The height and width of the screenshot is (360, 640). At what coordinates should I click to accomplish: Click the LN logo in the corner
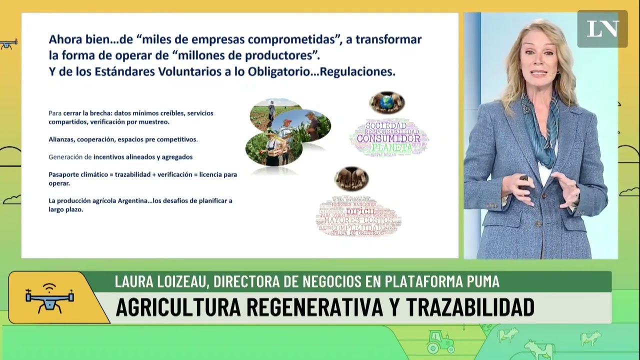tap(602, 29)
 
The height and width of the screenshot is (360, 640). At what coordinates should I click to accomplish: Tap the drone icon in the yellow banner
tap(49, 297)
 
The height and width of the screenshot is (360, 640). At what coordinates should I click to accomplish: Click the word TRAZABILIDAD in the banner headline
tap(470, 307)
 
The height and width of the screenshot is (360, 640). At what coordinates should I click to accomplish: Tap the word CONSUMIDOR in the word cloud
tap(388, 138)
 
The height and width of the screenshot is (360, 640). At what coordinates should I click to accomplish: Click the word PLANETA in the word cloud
tap(391, 148)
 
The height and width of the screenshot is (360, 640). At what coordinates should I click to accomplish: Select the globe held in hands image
tap(386, 102)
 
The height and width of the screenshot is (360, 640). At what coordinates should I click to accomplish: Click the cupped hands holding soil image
tap(351, 178)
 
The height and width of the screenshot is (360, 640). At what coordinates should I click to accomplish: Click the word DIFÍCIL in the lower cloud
tap(361, 211)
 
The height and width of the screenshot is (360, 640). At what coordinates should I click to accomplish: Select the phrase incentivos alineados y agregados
tap(142, 157)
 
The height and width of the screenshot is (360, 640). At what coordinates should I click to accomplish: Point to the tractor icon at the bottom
tap(440, 343)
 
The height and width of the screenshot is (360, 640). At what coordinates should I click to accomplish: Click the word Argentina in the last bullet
tap(133, 200)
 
